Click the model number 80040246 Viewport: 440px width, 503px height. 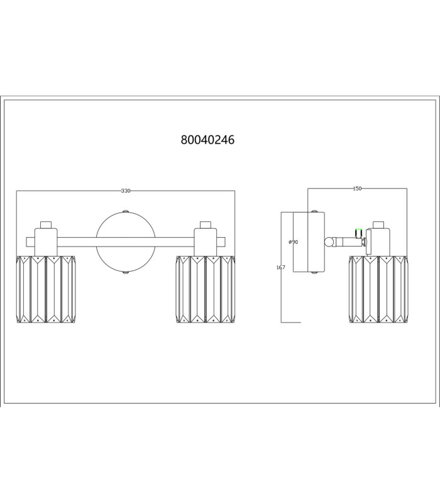pos(207,140)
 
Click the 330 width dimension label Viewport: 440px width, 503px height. pos(126,191)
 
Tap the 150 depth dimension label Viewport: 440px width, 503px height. pos(357,189)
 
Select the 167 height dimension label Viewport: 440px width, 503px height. pos(280,267)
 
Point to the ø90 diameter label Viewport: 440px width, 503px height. pos(293,242)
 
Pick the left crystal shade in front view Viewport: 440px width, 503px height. pos(46,289)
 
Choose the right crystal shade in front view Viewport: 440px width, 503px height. pos(206,289)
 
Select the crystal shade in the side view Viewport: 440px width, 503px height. pos(378,289)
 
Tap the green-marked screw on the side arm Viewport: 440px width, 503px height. pos(358,233)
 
